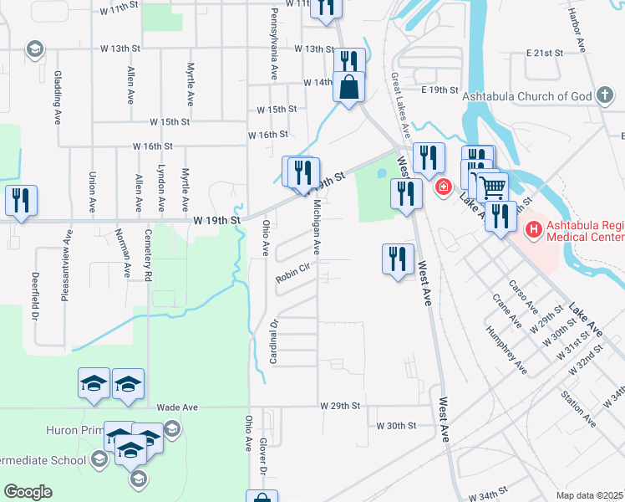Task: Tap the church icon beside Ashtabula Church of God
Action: tap(606, 95)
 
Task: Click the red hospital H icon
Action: tap(533, 227)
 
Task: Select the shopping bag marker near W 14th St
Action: tap(348, 86)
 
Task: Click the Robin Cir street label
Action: tap(293, 268)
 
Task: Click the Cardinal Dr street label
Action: tap(273, 341)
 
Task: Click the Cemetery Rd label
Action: tap(148, 254)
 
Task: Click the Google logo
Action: tap(28, 492)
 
